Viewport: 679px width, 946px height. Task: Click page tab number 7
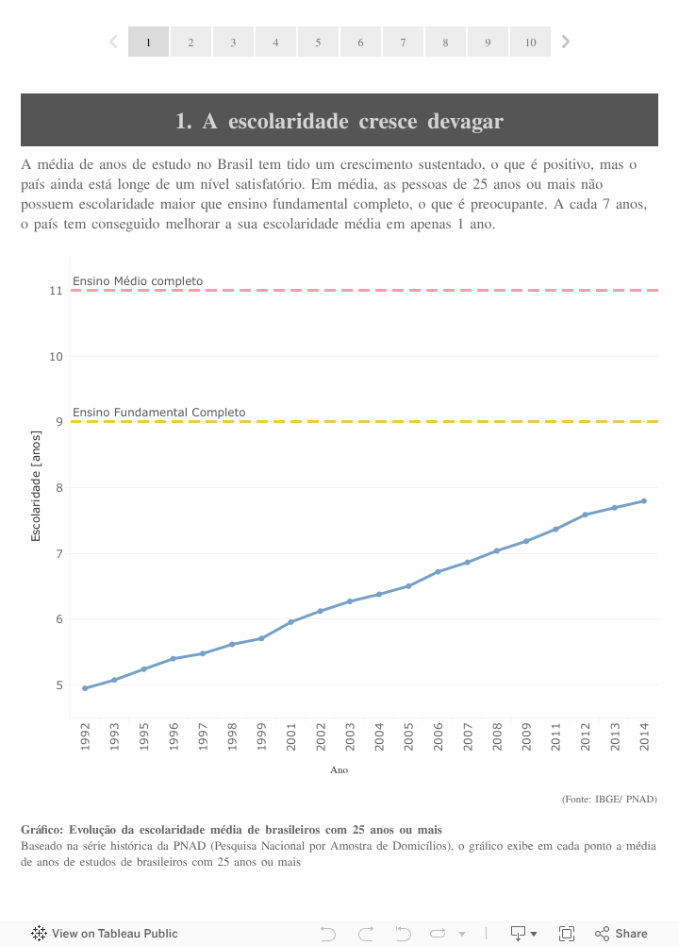[x=403, y=42]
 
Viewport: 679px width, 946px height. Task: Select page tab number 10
[x=530, y=42]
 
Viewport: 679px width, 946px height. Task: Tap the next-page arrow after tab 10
[x=566, y=42]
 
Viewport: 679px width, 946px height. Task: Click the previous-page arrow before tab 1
[x=113, y=42]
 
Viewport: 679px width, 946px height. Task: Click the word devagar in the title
[x=465, y=121]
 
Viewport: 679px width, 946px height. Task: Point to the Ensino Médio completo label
[x=138, y=280]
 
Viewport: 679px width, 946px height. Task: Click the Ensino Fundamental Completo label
[x=158, y=413]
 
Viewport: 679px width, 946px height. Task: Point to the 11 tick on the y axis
[x=57, y=290]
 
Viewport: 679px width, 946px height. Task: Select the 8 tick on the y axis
[x=59, y=487]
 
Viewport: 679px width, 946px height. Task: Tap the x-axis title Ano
[x=339, y=770]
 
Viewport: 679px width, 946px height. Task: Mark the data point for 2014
[x=644, y=500]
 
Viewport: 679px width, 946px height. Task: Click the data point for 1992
[x=85, y=688]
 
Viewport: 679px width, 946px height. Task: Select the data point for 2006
[x=439, y=571]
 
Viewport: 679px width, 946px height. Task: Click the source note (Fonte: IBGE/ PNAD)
[x=609, y=799]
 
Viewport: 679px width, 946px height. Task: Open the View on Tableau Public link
[x=105, y=934]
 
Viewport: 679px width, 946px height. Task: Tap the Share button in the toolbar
[x=621, y=934]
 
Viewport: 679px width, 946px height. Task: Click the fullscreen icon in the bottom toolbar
[x=567, y=934]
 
